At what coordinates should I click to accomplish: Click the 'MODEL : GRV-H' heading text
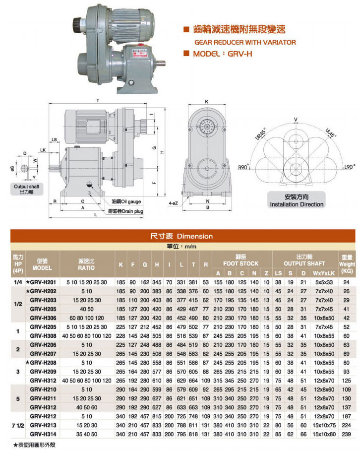[222, 54]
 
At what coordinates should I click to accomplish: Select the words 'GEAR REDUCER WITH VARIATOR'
[245, 43]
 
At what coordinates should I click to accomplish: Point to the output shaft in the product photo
[161, 62]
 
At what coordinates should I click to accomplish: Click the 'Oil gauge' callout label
[126, 201]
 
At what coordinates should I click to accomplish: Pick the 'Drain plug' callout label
[125, 211]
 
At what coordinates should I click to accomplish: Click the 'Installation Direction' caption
[297, 204]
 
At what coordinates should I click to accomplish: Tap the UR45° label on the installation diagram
[260, 133]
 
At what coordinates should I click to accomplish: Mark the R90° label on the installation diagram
[243, 167]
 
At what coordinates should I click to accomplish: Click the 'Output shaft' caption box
[27, 189]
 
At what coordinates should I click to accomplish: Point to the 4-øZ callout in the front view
[173, 203]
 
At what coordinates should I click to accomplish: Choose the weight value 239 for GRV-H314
[346, 434]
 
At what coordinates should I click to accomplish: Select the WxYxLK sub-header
[324, 273]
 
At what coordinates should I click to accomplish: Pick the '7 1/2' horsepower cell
[18, 425]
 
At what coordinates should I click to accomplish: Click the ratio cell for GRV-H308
[87, 336]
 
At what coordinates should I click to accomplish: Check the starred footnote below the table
[34, 445]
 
